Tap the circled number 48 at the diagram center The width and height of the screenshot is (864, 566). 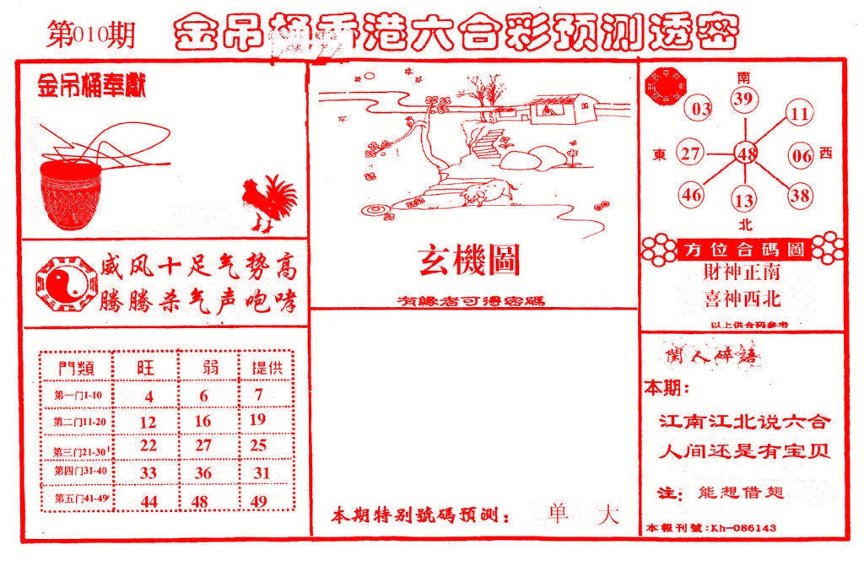(746, 154)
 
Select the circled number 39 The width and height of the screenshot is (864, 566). (742, 100)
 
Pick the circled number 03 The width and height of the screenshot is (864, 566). (701, 109)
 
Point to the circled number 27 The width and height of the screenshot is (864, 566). (691, 154)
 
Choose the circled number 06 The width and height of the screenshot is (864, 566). (801, 155)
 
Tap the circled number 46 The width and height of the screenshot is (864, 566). (693, 195)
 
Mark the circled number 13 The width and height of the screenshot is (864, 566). (744, 201)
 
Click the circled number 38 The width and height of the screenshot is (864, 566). (799, 195)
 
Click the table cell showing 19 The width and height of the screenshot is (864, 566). (259, 420)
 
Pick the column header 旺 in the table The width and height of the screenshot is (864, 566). (148, 368)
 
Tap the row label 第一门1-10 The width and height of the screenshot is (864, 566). (77, 396)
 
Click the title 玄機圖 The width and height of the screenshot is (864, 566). (470, 262)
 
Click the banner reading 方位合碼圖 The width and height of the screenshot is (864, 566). (742, 250)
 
